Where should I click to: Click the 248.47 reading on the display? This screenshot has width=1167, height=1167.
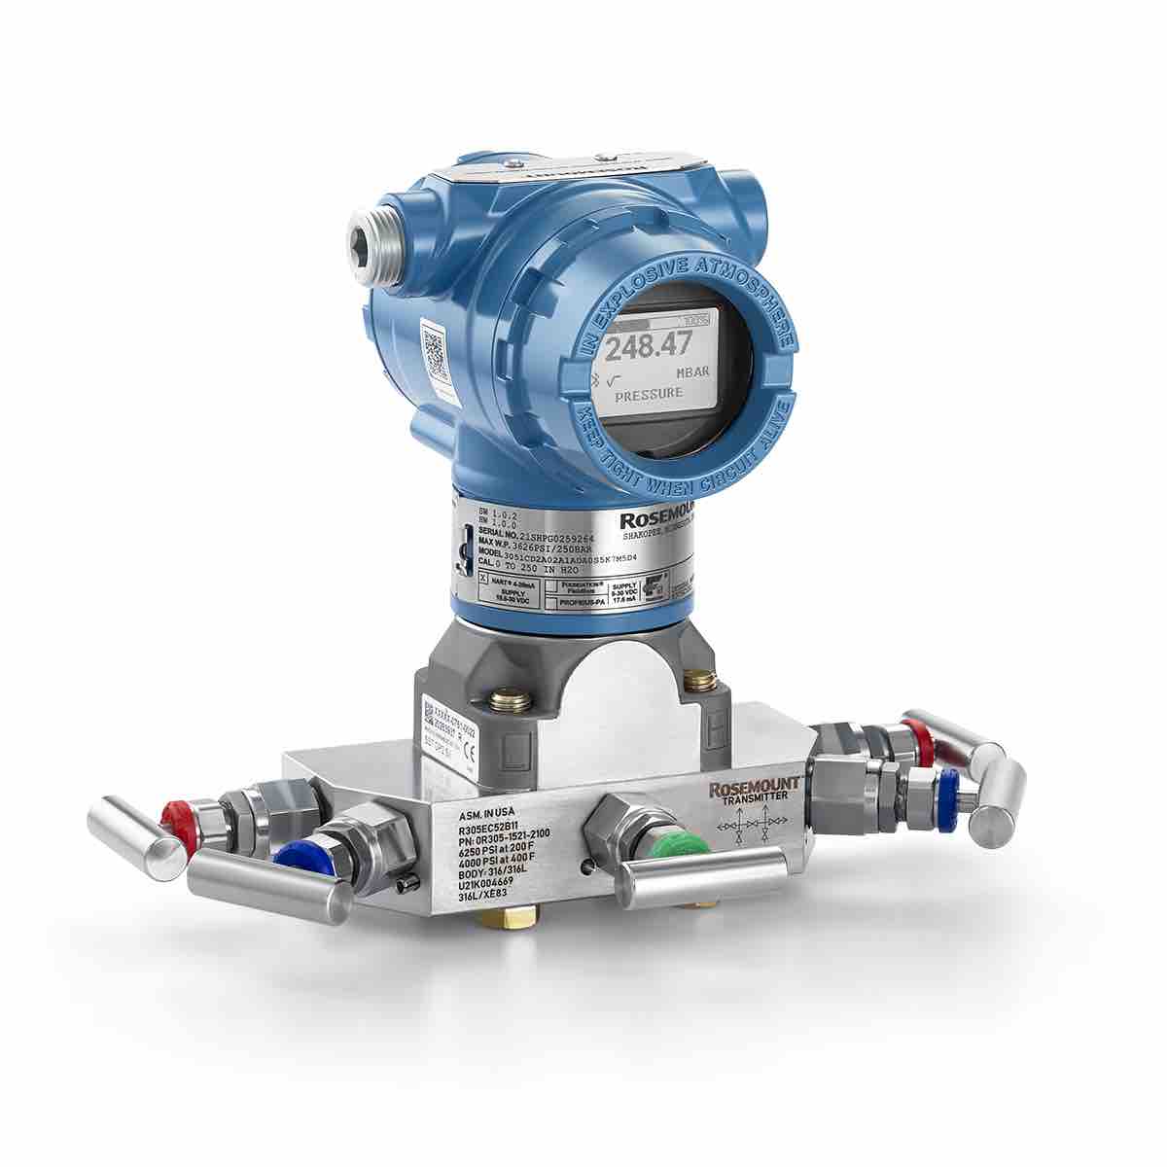coord(650,344)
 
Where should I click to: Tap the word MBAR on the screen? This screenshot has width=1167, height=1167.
coord(692,372)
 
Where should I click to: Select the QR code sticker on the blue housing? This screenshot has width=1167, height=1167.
coord(435,353)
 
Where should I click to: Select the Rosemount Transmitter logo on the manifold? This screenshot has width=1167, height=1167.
coord(755,788)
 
